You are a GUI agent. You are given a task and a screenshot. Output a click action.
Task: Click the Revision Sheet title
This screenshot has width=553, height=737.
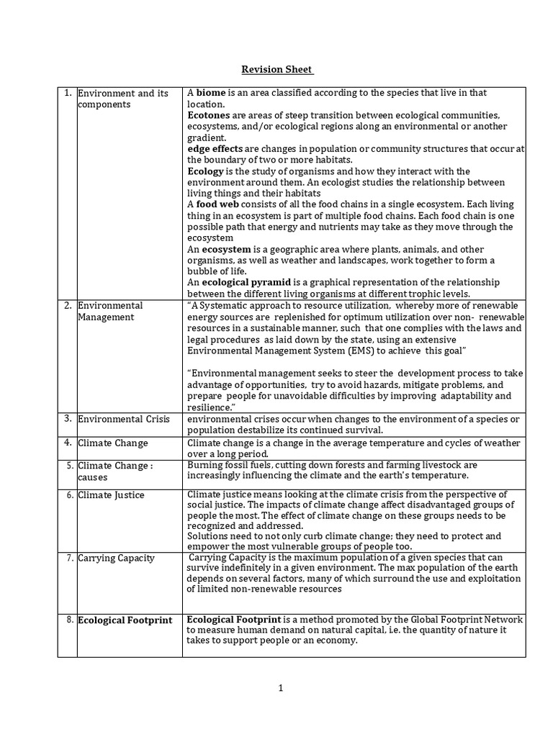276,69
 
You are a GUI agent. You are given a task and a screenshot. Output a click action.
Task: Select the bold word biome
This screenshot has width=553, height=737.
212,93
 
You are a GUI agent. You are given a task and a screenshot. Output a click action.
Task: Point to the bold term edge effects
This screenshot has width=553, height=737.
213,148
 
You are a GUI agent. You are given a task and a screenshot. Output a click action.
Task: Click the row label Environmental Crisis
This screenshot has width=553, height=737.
122,419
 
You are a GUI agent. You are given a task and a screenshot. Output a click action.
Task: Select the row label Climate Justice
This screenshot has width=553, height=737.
111,495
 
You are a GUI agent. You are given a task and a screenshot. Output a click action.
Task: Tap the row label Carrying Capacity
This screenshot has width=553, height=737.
116,558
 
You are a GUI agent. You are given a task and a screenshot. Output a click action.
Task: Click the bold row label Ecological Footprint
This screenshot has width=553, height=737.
125,620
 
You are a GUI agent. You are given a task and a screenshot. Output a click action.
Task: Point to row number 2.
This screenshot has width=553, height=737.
67,305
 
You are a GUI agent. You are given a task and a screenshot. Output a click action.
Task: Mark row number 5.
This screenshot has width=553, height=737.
67,465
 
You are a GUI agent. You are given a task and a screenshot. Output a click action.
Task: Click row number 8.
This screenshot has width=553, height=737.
67,620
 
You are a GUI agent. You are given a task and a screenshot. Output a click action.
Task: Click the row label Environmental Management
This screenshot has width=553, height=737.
110,311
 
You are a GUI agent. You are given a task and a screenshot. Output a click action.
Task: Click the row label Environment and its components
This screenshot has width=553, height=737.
122,99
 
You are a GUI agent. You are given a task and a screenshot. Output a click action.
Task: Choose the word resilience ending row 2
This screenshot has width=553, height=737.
211,407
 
